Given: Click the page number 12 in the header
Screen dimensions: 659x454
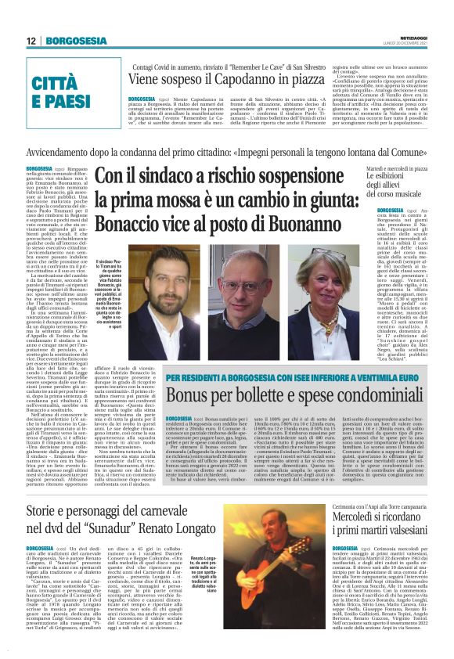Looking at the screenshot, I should click(x=32, y=41).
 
